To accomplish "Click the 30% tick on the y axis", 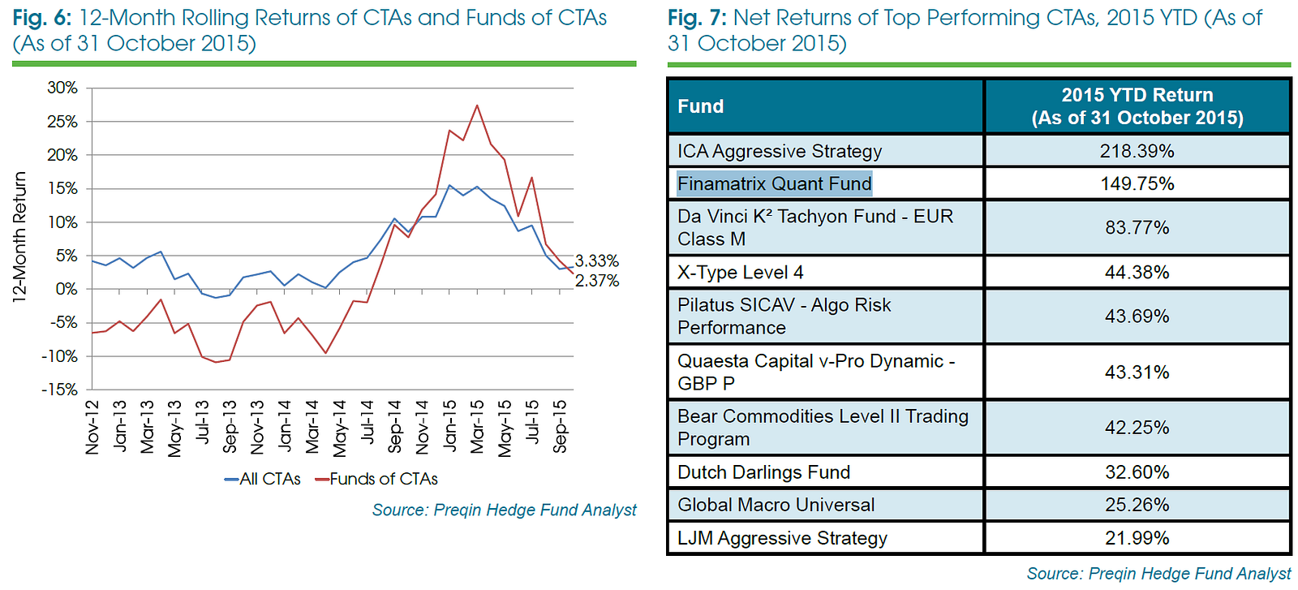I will click(x=62, y=88).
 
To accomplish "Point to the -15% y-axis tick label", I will click(x=60, y=390).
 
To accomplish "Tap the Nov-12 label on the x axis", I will click(x=92, y=427).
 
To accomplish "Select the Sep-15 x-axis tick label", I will click(x=560, y=425).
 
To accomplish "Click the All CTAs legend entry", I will click(x=262, y=479).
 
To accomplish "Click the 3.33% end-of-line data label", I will click(x=597, y=261).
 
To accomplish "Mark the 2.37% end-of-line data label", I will click(x=597, y=281).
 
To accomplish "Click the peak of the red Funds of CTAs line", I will click(x=477, y=106).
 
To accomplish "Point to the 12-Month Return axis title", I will click(x=19, y=237).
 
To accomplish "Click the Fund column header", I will click(x=701, y=106).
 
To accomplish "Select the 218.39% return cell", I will click(x=1137, y=151).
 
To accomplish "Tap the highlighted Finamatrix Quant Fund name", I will click(x=774, y=183).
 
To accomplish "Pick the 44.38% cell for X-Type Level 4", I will click(x=1137, y=272).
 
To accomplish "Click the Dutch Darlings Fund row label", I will click(x=763, y=472).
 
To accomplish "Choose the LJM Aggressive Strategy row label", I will click(x=782, y=538).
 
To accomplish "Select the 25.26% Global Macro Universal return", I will click(x=1137, y=505).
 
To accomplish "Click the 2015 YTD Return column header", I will click(x=1137, y=106).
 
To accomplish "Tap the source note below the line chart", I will click(x=504, y=510).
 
